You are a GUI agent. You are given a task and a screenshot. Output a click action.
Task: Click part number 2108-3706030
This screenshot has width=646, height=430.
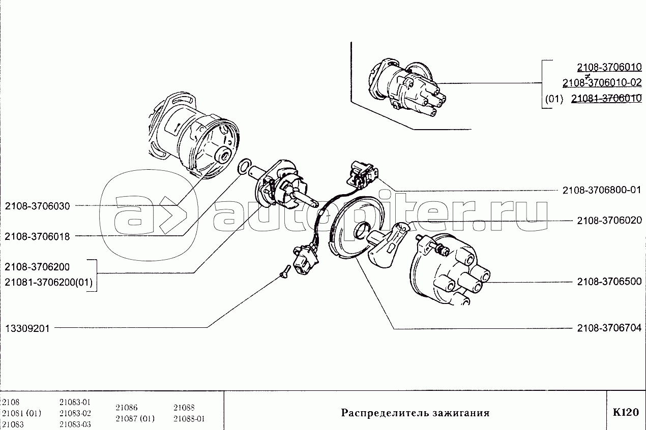point(38,206)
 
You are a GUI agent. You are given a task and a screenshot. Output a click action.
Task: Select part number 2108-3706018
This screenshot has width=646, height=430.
point(38,237)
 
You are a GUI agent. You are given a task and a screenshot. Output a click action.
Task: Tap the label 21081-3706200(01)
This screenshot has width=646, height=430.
point(49,282)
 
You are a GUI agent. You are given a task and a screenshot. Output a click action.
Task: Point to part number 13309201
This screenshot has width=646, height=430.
point(27,328)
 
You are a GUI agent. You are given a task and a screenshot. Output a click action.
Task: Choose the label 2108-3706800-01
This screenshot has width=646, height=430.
point(602,190)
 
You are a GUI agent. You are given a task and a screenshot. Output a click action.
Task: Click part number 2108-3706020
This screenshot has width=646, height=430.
point(609,221)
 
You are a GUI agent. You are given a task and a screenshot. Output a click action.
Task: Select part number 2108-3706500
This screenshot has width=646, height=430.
point(609,282)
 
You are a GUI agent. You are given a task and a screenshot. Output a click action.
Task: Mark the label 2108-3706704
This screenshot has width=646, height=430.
point(609,328)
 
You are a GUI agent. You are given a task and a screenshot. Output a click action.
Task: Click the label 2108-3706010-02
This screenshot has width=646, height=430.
point(602,83)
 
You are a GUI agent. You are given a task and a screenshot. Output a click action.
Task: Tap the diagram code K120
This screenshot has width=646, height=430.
point(626,412)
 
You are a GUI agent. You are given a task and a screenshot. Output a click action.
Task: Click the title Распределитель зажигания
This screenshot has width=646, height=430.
point(415,413)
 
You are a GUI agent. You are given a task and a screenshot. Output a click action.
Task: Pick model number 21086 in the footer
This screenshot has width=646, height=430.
point(127,408)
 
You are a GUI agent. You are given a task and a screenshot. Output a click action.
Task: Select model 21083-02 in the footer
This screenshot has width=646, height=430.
point(75,413)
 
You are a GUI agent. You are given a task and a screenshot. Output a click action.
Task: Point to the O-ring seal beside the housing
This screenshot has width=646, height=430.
point(244,167)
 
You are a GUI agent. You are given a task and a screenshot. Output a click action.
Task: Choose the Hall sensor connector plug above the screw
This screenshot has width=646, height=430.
point(305,259)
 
